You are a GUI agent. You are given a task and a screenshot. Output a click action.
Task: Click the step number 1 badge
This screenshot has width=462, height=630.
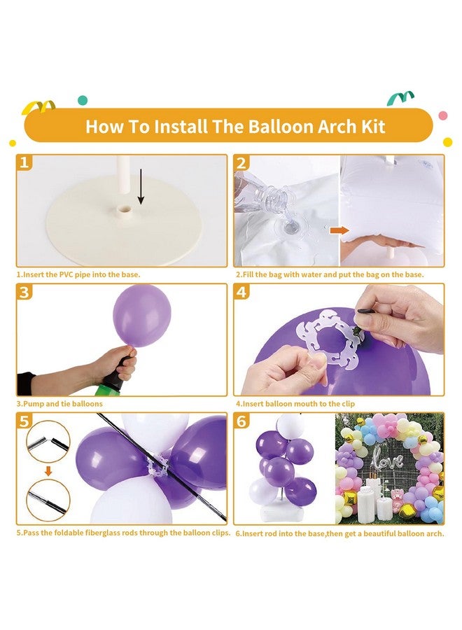coord(24,163)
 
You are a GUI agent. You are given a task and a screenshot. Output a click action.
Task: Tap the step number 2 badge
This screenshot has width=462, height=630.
coord(242,163)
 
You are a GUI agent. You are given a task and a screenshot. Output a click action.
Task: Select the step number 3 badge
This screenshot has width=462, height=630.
coord(24,292)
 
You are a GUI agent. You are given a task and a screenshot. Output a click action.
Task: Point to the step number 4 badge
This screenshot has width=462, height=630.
coord(242,292)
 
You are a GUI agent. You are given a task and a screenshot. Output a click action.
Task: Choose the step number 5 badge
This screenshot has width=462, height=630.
coord(24,421)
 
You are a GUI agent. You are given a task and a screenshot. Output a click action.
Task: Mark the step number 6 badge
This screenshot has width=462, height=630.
coord(242,421)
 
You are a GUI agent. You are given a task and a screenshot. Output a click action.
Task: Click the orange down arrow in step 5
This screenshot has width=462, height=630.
coord(48,471)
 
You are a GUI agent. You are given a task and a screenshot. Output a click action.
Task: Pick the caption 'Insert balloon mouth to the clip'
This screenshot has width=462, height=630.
coord(295,404)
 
